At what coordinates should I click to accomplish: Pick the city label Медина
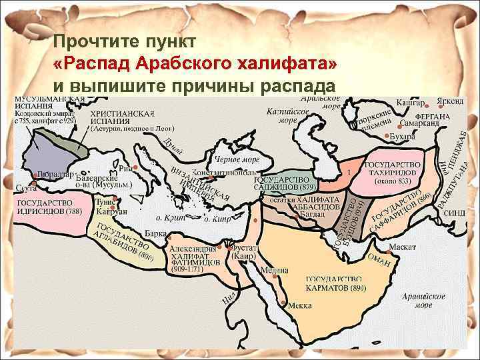pyautogui.click(x=275, y=271)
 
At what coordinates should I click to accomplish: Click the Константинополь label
pyautogui.click(x=219, y=171)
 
